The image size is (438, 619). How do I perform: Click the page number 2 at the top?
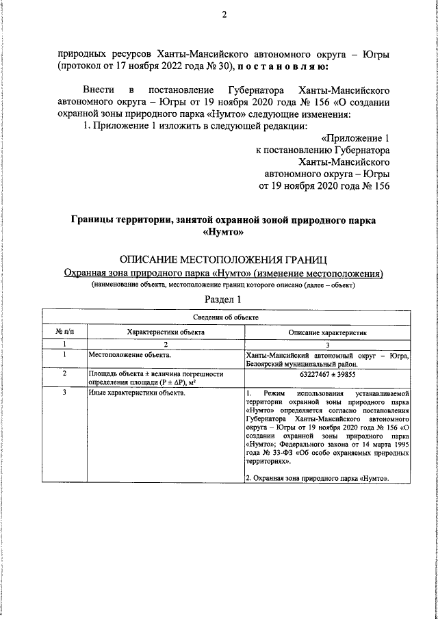click(x=224, y=16)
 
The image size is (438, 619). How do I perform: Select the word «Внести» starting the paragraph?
click(x=99, y=90)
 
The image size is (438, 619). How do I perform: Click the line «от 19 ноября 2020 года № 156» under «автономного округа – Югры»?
click(x=323, y=185)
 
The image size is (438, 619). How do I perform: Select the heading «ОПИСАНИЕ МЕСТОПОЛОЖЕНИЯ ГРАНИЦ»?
click(x=224, y=260)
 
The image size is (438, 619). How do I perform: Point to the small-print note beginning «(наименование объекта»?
click(x=224, y=285)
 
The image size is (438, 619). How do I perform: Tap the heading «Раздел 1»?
click(x=224, y=300)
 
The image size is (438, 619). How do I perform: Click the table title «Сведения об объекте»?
click(x=225, y=317)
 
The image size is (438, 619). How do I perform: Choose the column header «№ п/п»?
click(x=64, y=332)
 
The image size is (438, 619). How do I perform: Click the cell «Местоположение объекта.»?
click(x=130, y=355)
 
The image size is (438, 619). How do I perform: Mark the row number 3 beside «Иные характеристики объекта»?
click(x=64, y=393)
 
